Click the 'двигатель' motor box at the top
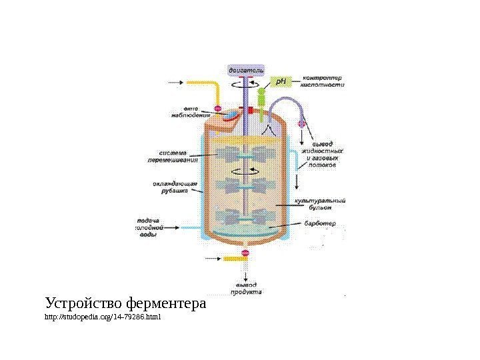pos(246,69)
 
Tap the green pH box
pos(281,82)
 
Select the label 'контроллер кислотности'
pos(324,81)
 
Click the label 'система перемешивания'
pos(177,155)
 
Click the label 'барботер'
pos(321,223)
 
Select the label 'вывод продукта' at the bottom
pos(246,288)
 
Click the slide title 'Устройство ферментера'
pos(126,304)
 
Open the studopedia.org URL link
pos(103,317)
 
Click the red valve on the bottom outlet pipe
pos(245,253)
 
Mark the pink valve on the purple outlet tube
pos(301,123)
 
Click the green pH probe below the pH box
pos(262,100)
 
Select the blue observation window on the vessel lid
pos(230,116)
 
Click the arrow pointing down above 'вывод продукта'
pos(245,273)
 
